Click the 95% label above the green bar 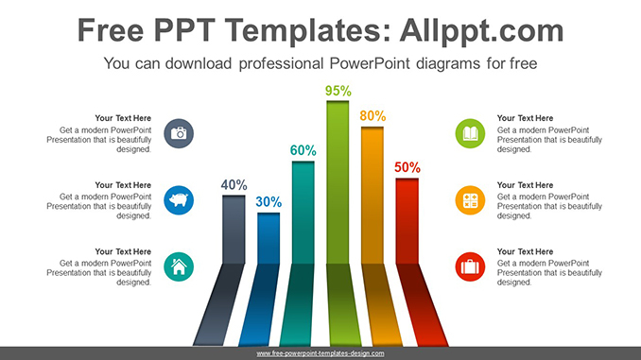[338, 91]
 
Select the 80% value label [372, 116]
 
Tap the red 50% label [407, 167]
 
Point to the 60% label [303, 150]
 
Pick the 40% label [234, 185]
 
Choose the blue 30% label [269, 201]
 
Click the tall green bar [338, 180]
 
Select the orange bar [372, 194]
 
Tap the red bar [407, 219]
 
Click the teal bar [303, 212]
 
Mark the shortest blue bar [269, 237]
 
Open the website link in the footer [320, 353]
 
